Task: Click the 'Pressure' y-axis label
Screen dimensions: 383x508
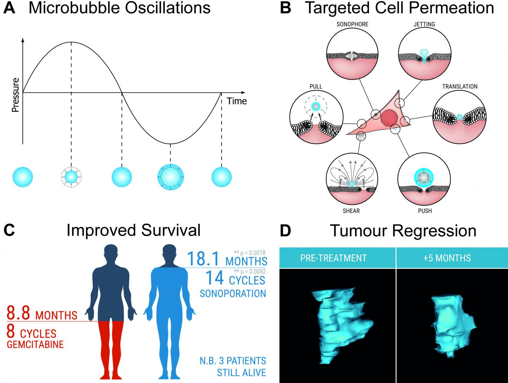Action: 15,95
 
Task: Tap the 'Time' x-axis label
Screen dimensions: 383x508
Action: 236,101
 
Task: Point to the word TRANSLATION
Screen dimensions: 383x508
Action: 460,86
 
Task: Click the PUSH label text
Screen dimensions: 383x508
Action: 425,211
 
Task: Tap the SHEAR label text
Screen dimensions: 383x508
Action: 352,211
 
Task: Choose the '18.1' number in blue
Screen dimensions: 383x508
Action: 204,259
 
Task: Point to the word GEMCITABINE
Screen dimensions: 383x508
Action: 35,344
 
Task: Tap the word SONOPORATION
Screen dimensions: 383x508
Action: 233,293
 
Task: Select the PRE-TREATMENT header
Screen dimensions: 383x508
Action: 333,258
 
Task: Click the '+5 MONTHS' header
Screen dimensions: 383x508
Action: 447,258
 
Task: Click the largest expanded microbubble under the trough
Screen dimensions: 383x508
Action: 170,177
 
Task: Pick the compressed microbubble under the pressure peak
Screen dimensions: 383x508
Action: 71,177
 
